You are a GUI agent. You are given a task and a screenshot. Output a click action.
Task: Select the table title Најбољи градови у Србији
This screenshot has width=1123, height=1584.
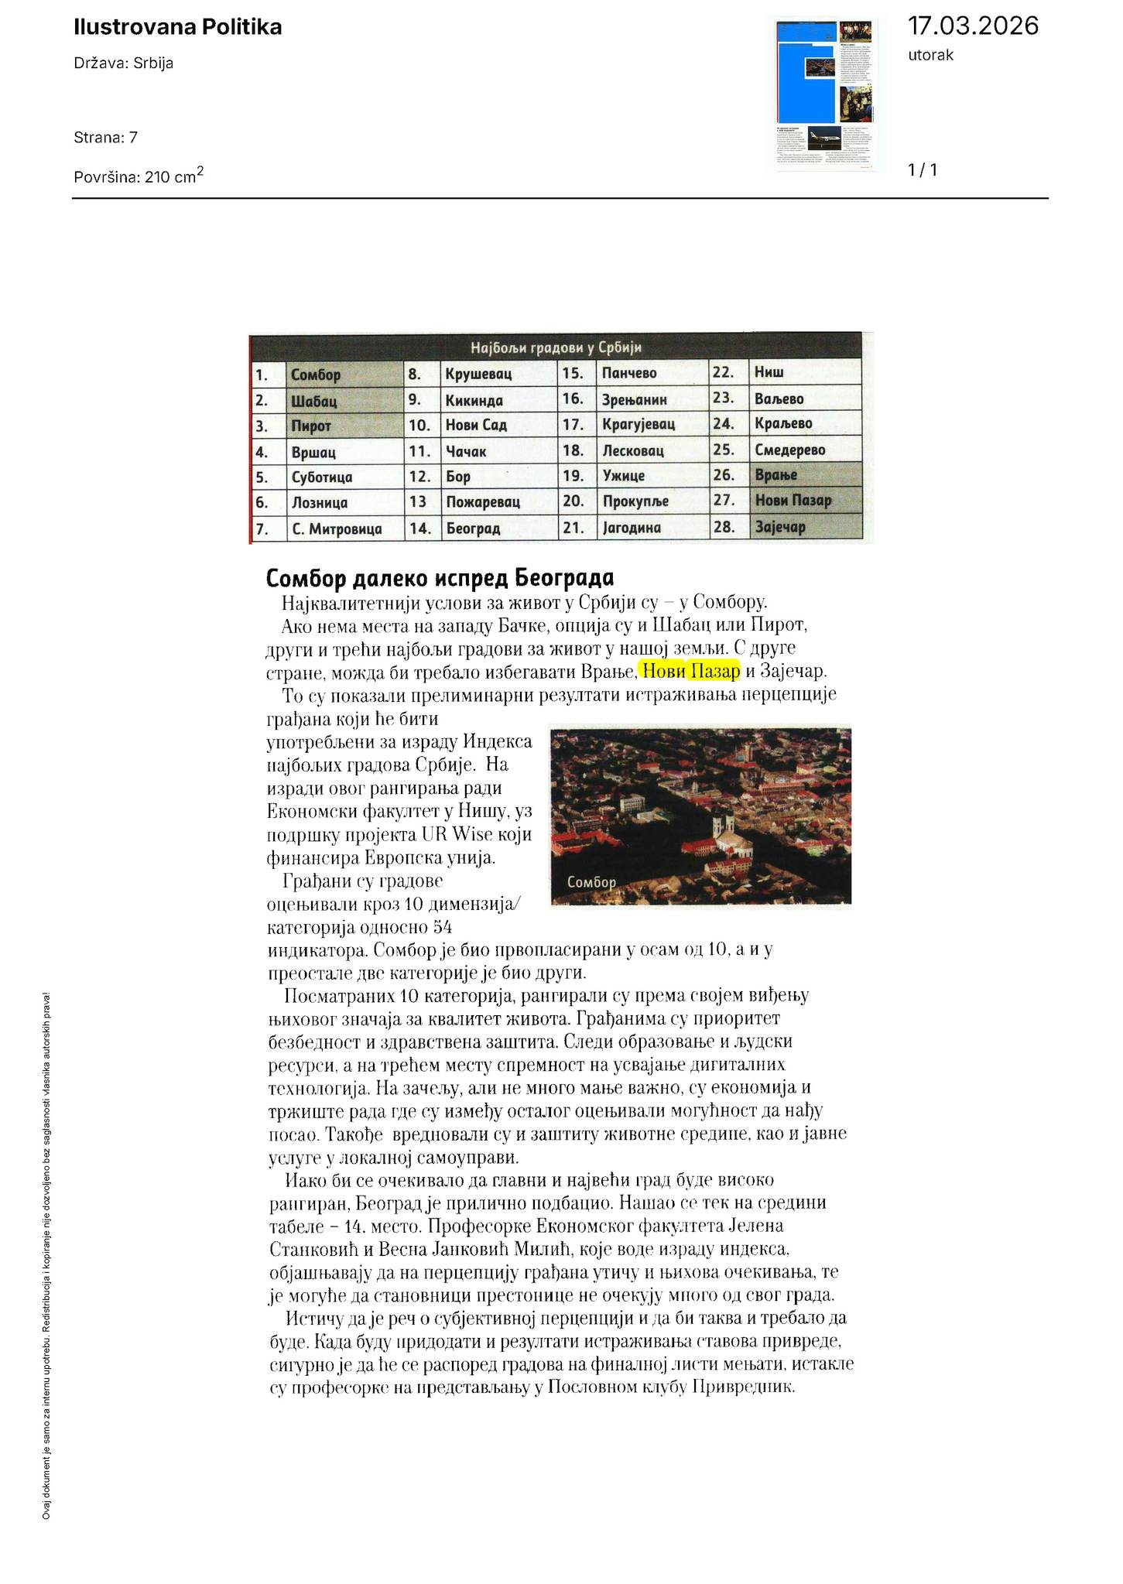click(555, 347)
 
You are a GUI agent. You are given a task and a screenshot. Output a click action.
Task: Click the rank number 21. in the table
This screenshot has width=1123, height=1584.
click(573, 528)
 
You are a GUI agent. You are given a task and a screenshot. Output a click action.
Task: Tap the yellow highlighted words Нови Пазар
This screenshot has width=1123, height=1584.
click(691, 670)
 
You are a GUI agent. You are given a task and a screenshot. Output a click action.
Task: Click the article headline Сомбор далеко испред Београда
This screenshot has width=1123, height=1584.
click(440, 578)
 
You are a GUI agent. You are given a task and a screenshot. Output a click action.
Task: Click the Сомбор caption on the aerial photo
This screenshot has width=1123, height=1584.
click(591, 882)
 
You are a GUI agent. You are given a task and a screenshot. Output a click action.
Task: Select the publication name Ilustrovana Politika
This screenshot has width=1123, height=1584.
click(178, 28)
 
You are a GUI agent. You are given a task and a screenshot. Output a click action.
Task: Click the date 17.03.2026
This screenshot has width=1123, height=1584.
click(973, 26)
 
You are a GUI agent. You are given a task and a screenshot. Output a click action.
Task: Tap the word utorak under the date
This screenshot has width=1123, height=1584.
click(930, 55)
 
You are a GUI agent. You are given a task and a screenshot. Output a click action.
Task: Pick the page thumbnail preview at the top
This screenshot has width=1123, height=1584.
click(825, 94)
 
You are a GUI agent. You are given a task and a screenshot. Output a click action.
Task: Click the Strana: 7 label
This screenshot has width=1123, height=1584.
click(106, 138)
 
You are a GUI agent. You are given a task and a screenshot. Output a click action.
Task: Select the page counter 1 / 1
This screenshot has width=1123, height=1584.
click(923, 170)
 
